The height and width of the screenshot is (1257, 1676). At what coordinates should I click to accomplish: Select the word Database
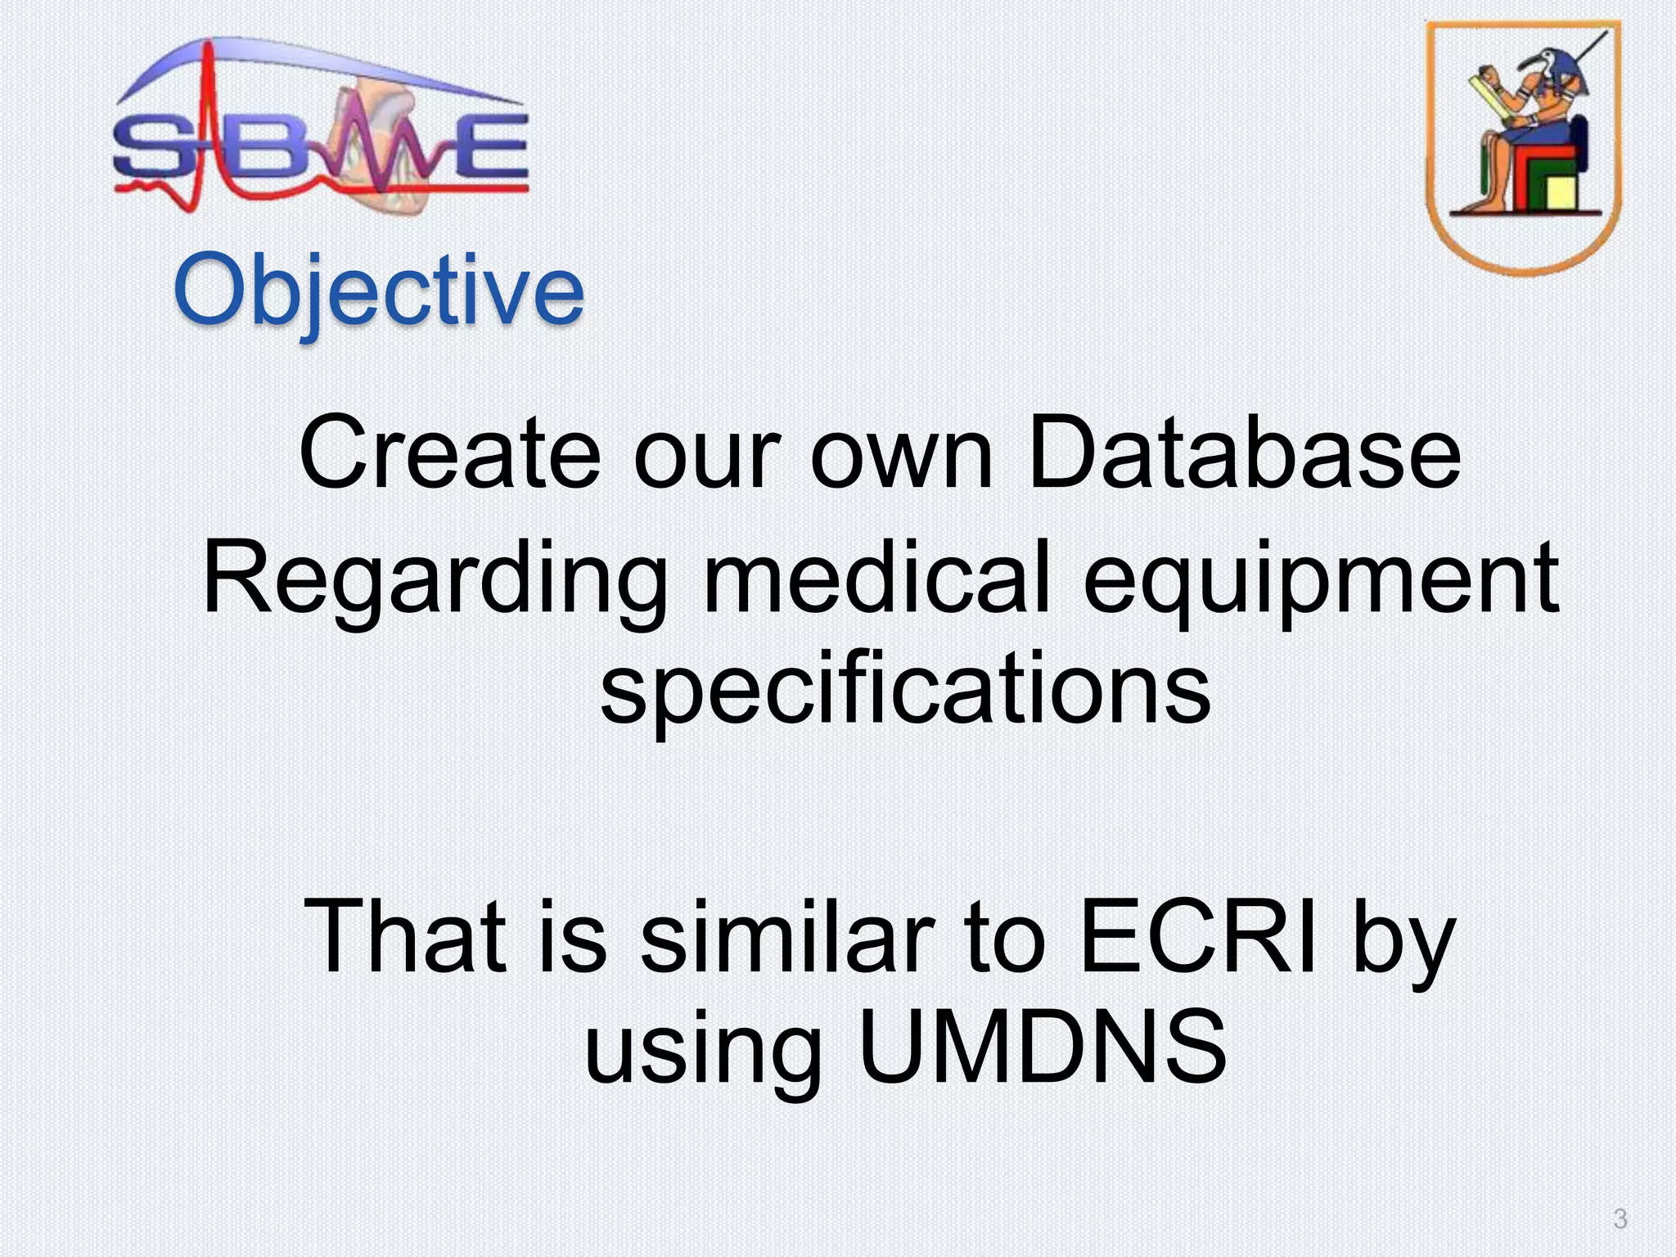click(x=1244, y=453)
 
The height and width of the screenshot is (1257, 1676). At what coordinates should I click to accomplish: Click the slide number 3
click(x=1620, y=1219)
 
